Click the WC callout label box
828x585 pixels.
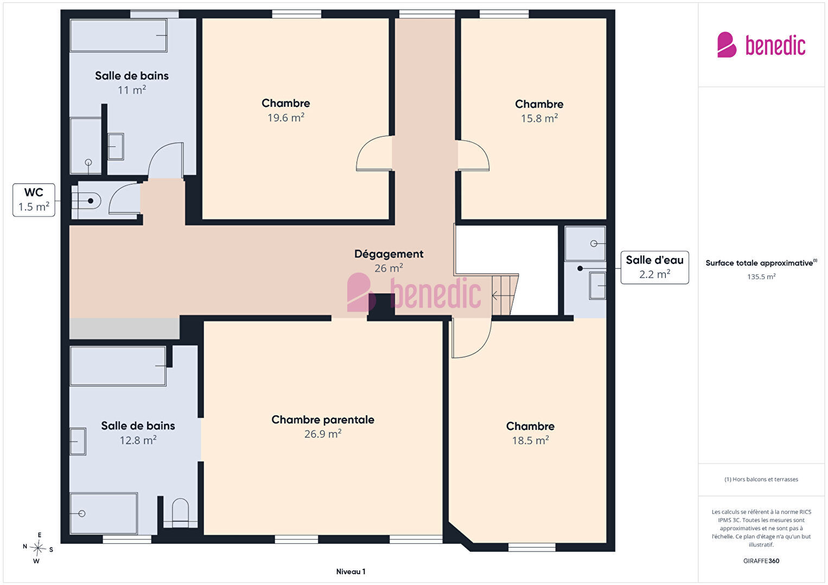(34, 200)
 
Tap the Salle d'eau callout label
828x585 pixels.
(654, 267)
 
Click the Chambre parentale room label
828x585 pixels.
(323, 420)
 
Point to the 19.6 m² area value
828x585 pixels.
(286, 118)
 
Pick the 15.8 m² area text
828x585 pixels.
(539, 119)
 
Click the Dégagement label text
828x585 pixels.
(389, 254)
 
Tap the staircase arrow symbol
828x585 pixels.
(502, 295)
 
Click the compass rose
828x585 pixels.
(38, 548)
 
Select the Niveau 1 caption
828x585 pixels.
(351, 571)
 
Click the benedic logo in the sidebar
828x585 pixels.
(761, 45)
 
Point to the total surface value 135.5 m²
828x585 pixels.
(761, 277)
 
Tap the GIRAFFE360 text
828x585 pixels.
(761, 561)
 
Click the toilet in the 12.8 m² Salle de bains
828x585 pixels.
(180, 512)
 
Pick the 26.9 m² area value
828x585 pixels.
(323, 434)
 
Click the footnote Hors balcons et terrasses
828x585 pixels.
(761, 479)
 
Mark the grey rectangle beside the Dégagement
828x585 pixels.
(125, 329)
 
